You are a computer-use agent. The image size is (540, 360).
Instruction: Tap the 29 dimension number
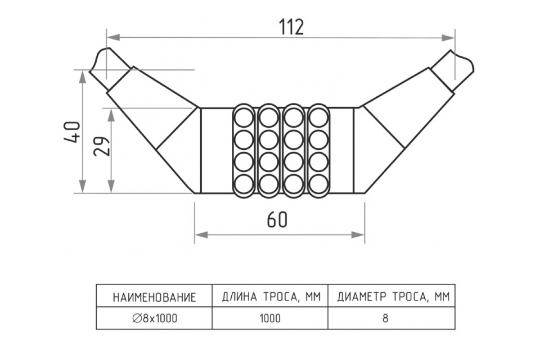[103, 145]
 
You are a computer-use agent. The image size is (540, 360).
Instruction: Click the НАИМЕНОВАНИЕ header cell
[154, 297]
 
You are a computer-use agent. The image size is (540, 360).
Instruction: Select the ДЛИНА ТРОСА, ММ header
[270, 297]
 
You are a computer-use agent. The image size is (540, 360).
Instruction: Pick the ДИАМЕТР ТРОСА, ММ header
[393, 297]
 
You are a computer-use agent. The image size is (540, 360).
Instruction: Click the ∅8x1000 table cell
[155, 318]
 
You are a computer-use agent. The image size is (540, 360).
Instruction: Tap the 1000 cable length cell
[270, 318]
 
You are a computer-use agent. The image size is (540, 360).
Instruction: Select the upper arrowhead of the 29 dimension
[111, 114]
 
